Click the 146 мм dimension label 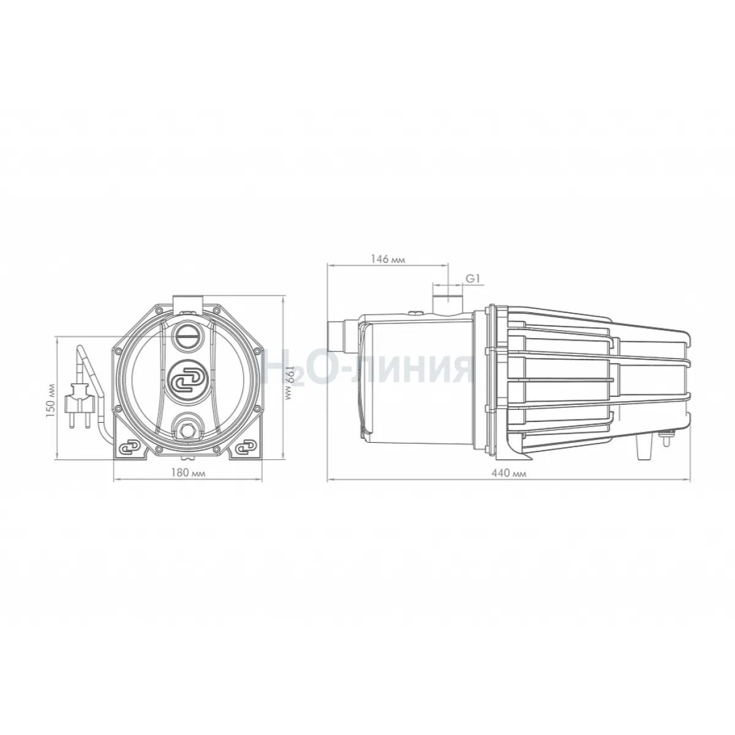(388, 259)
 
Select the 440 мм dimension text (509, 473)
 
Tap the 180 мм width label (188, 473)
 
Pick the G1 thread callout (473, 279)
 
